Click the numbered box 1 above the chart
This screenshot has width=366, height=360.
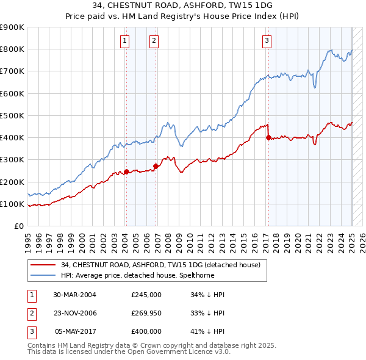pos(124,41)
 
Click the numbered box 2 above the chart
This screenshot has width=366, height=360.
pos(154,41)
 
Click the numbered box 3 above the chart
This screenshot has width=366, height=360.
pos(267,41)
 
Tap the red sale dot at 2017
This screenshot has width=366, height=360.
pos(268,138)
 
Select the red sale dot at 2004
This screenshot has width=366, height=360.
pos(126,171)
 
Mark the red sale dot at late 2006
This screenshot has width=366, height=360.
pos(156,166)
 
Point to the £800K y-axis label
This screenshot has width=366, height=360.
pos(12,49)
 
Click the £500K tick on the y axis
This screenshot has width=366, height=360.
pos(12,115)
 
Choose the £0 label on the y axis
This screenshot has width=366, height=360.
pos(18,226)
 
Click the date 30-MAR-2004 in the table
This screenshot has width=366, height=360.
pos(75,295)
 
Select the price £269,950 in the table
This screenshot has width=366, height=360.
pos(146,313)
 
